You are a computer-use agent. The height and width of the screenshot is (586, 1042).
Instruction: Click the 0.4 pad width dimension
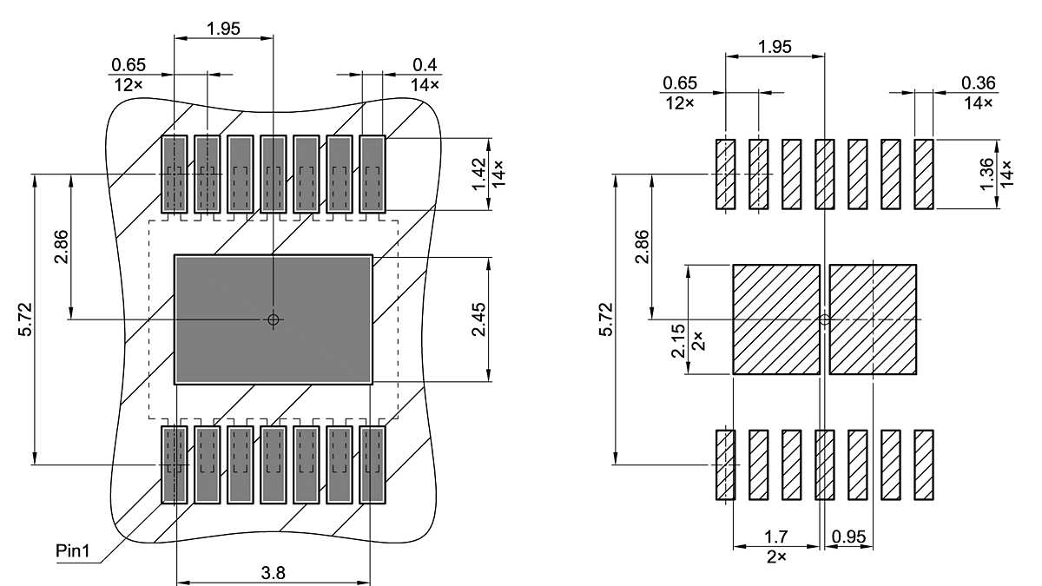(425, 65)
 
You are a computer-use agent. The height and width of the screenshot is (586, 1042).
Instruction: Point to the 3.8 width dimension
(274, 572)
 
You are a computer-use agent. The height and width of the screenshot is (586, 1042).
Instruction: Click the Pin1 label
(72, 551)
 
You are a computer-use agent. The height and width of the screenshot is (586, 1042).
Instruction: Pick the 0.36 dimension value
(979, 82)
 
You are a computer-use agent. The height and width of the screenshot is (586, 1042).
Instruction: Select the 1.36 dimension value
(988, 174)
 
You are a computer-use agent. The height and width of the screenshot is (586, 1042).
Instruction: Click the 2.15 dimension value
(679, 340)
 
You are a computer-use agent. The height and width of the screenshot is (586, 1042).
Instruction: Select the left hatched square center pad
(776, 319)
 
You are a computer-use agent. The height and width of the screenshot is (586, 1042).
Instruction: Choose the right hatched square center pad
(873, 319)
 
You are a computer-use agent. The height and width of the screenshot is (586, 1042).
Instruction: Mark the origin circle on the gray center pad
(274, 319)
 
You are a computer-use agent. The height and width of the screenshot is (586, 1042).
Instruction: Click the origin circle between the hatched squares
(824, 319)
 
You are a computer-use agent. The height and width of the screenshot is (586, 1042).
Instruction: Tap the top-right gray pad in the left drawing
(373, 174)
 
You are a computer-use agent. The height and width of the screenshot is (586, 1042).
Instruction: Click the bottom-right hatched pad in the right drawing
(923, 464)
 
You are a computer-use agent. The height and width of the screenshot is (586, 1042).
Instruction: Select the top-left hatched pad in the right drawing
(725, 174)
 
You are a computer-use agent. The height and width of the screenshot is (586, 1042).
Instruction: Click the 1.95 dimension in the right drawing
(774, 47)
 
